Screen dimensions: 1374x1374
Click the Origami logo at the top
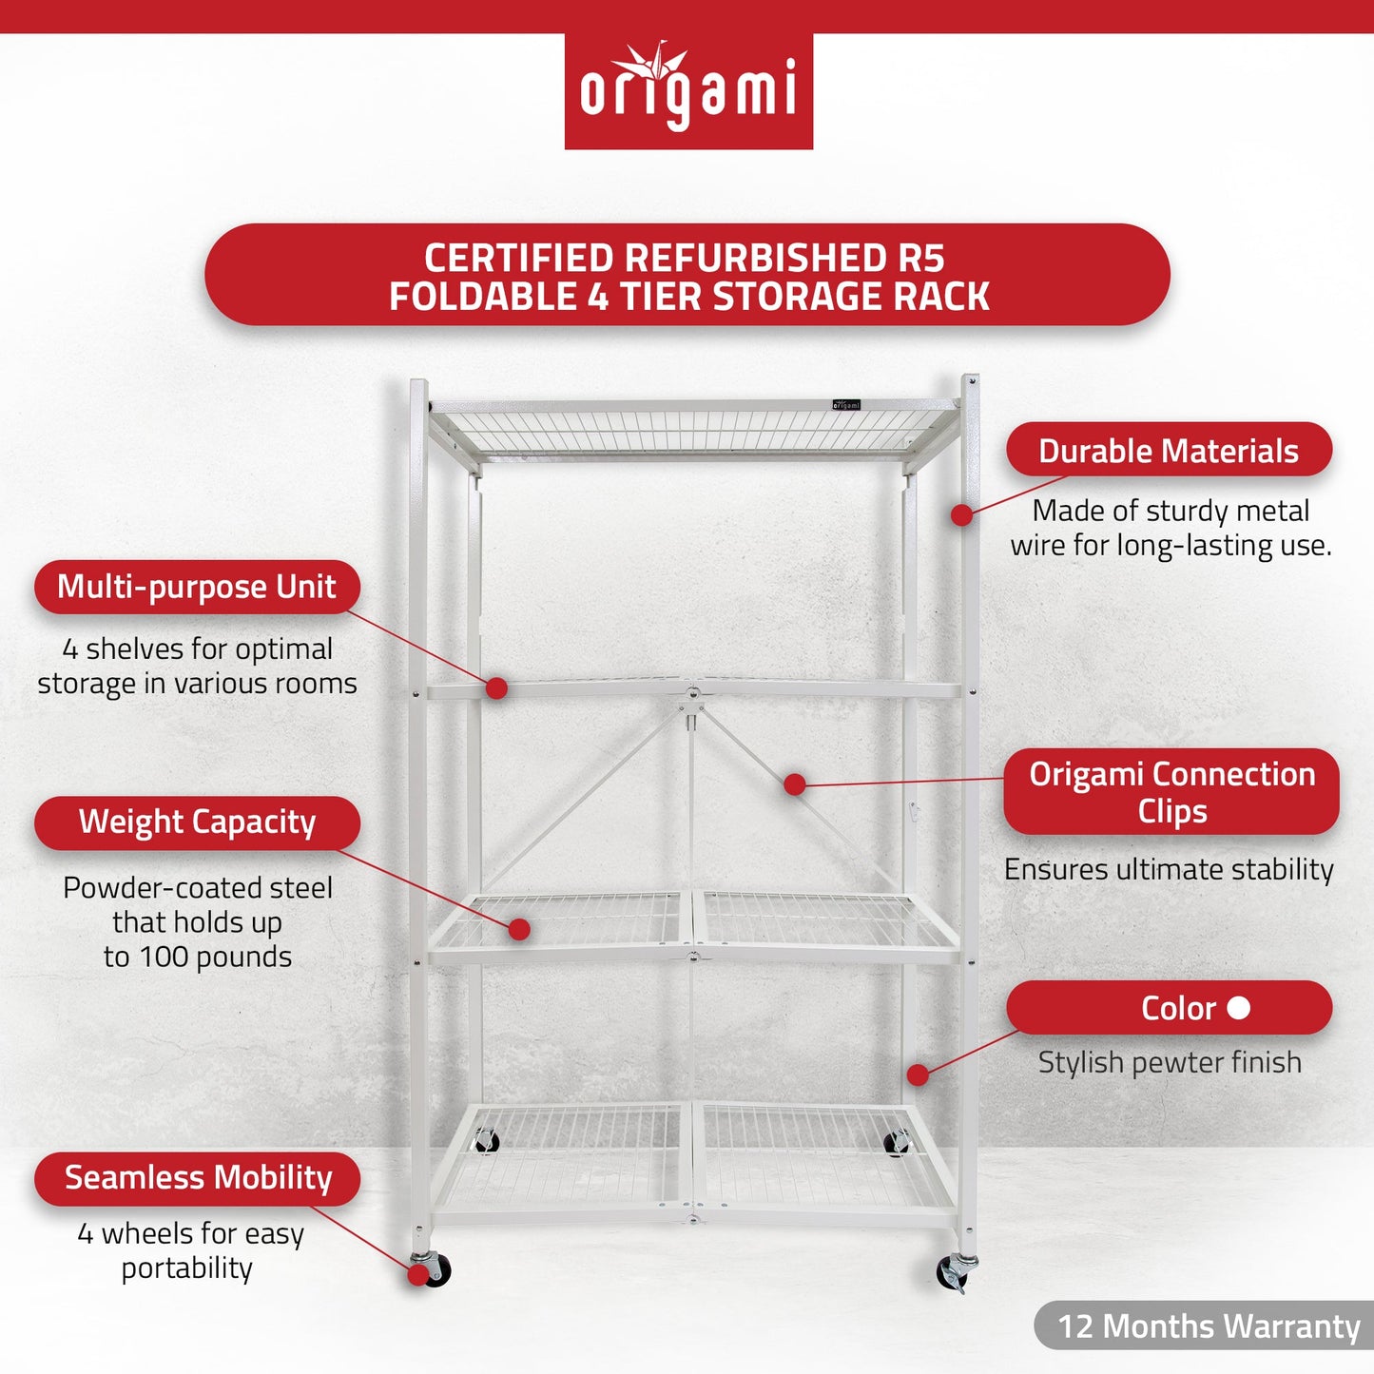point(688,91)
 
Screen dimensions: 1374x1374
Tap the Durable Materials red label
point(1169,451)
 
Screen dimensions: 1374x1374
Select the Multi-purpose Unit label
point(197,587)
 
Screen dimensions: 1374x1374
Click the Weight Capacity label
point(197,822)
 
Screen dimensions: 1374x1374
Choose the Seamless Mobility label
point(198,1178)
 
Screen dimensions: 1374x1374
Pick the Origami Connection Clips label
point(1171,792)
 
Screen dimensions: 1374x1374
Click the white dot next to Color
point(1239,1007)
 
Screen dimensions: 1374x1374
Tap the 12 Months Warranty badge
point(1208,1326)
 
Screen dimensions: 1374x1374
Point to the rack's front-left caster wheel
point(433,1269)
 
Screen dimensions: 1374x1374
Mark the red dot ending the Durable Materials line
point(962,515)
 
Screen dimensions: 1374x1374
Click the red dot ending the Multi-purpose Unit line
point(496,688)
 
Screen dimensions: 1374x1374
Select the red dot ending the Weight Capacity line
point(519,929)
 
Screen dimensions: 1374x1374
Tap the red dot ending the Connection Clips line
point(795,784)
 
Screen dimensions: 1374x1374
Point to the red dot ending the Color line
point(918,1074)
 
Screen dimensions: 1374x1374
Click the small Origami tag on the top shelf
point(845,405)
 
